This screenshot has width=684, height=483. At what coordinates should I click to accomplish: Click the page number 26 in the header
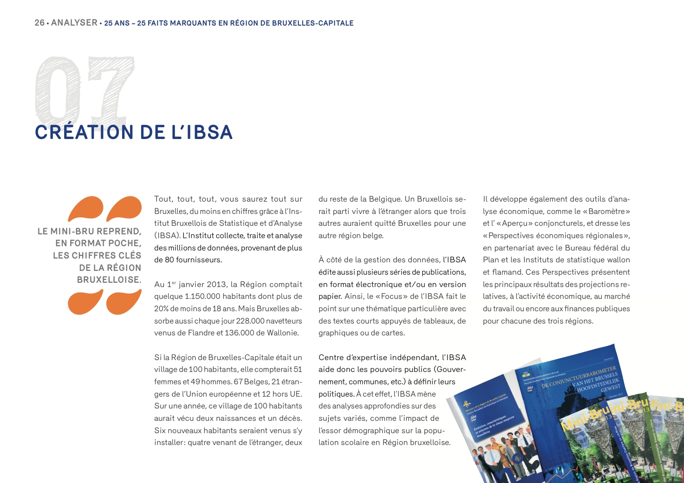tap(39, 23)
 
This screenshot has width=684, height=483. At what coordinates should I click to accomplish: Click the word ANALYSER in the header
tap(74, 23)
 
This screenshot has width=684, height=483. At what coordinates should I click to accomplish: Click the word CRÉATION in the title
tap(84, 132)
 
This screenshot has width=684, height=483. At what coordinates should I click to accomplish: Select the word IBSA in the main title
tap(209, 132)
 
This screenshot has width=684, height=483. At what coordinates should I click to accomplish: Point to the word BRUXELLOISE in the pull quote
tap(109, 280)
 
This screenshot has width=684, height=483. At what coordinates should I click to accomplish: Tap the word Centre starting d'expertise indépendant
tap(332, 357)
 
